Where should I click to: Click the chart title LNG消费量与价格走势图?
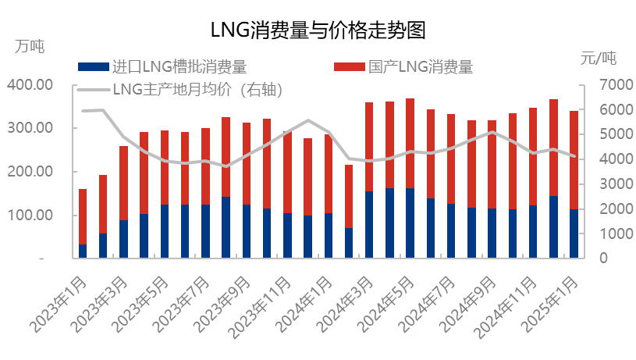coord(318,30)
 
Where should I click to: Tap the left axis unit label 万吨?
coord(30,46)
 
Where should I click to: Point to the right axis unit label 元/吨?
coord(599,58)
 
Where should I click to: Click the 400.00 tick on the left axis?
coord(30,84)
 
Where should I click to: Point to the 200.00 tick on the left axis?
coord(30,171)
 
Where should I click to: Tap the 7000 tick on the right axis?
coord(616,84)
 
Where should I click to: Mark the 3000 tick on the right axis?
coord(616,184)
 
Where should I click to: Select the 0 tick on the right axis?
coord(603,258)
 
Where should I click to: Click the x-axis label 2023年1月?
coord(59,305)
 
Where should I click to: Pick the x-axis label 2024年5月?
coord(386,305)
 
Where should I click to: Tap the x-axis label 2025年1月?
coord(549,305)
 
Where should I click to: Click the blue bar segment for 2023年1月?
coord(83,251)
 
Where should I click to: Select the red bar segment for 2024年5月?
coord(410,143)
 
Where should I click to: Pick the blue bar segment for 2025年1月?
coord(574,233)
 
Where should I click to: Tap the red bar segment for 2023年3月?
coord(124,183)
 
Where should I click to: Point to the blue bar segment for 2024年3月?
coord(369,224)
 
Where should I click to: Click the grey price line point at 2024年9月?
coord(492,132)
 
